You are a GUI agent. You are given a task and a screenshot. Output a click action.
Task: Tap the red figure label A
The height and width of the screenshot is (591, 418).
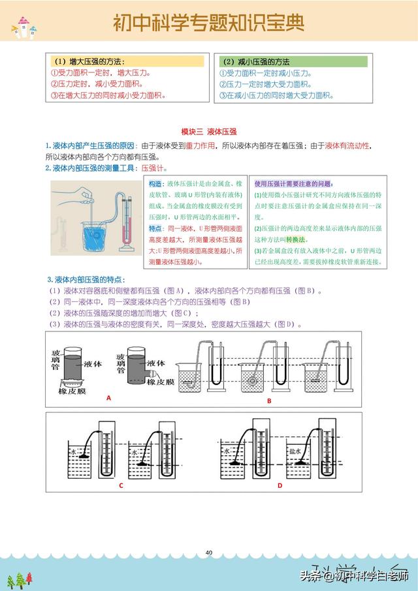point(108,397)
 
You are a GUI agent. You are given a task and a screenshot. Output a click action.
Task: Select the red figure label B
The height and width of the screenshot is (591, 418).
point(268,401)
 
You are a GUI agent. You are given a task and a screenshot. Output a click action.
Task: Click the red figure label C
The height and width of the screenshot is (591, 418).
point(121,485)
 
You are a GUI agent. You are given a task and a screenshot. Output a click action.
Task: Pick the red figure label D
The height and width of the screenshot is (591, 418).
point(280,485)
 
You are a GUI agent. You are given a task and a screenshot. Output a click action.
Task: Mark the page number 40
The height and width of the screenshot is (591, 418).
point(209,553)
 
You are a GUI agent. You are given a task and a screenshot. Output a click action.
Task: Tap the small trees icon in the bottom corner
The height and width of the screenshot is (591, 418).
point(20,579)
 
